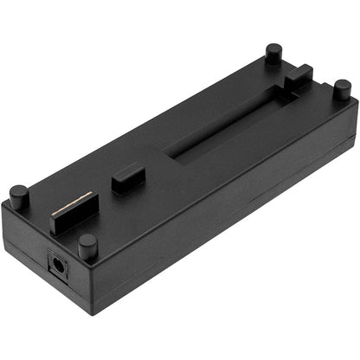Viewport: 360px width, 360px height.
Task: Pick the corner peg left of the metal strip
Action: click(x=18, y=196)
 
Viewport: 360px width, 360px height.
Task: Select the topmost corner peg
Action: click(x=273, y=53)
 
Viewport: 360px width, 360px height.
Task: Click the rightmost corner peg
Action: click(x=343, y=87)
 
